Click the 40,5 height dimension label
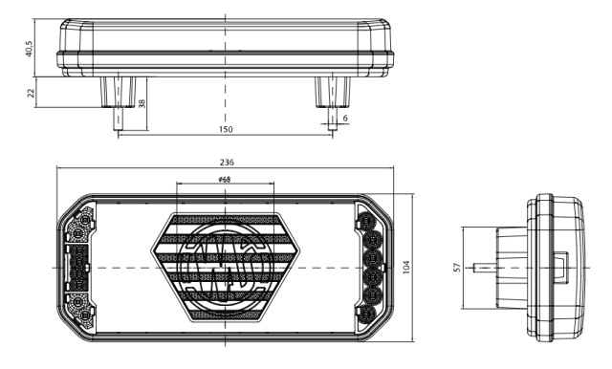click(30, 49)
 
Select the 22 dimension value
click(31, 93)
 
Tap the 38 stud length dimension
click(142, 103)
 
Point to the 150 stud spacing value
click(226, 129)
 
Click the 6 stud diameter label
click(344, 118)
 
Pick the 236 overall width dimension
click(227, 162)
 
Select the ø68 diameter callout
click(225, 180)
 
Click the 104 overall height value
click(406, 268)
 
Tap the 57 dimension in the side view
click(457, 268)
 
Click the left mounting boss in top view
click(118, 92)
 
